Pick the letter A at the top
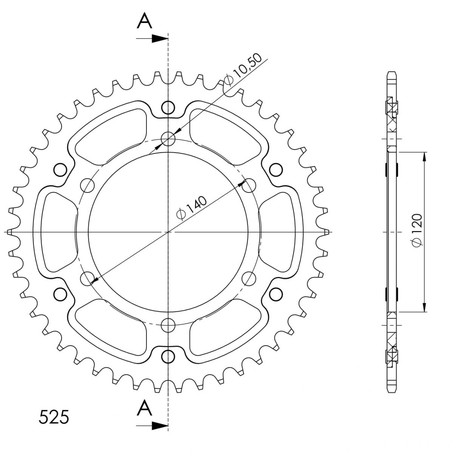[x=144, y=21]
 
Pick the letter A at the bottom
[x=144, y=408]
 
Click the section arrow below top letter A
[x=152, y=39]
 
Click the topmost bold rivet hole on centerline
[x=168, y=108]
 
